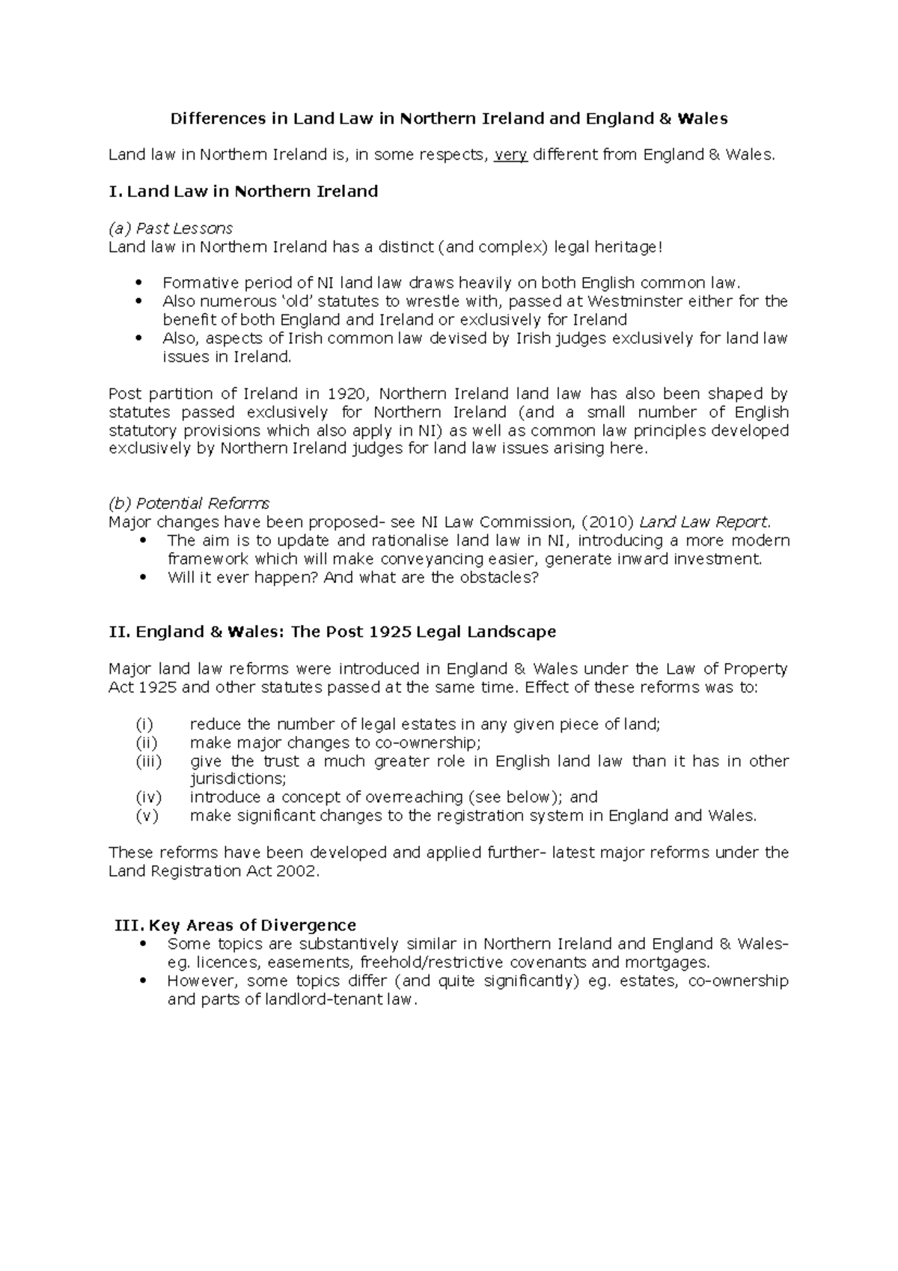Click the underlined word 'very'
[x=511, y=155]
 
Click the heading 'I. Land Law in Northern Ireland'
[x=243, y=192]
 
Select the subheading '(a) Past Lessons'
[x=171, y=228]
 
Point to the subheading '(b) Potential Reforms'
[x=189, y=503]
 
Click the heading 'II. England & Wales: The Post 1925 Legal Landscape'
[x=332, y=632]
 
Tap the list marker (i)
[x=144, y=724]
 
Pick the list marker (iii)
[x=148, y=761]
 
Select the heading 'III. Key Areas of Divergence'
[x=235, y=925]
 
